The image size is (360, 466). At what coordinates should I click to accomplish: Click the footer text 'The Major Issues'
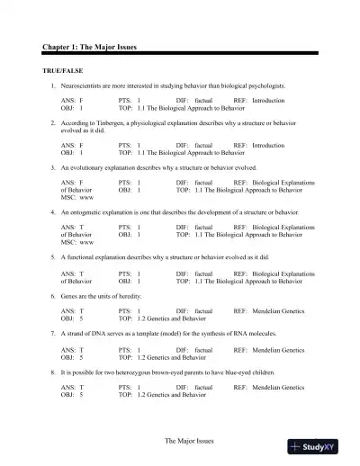pos(191,442)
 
